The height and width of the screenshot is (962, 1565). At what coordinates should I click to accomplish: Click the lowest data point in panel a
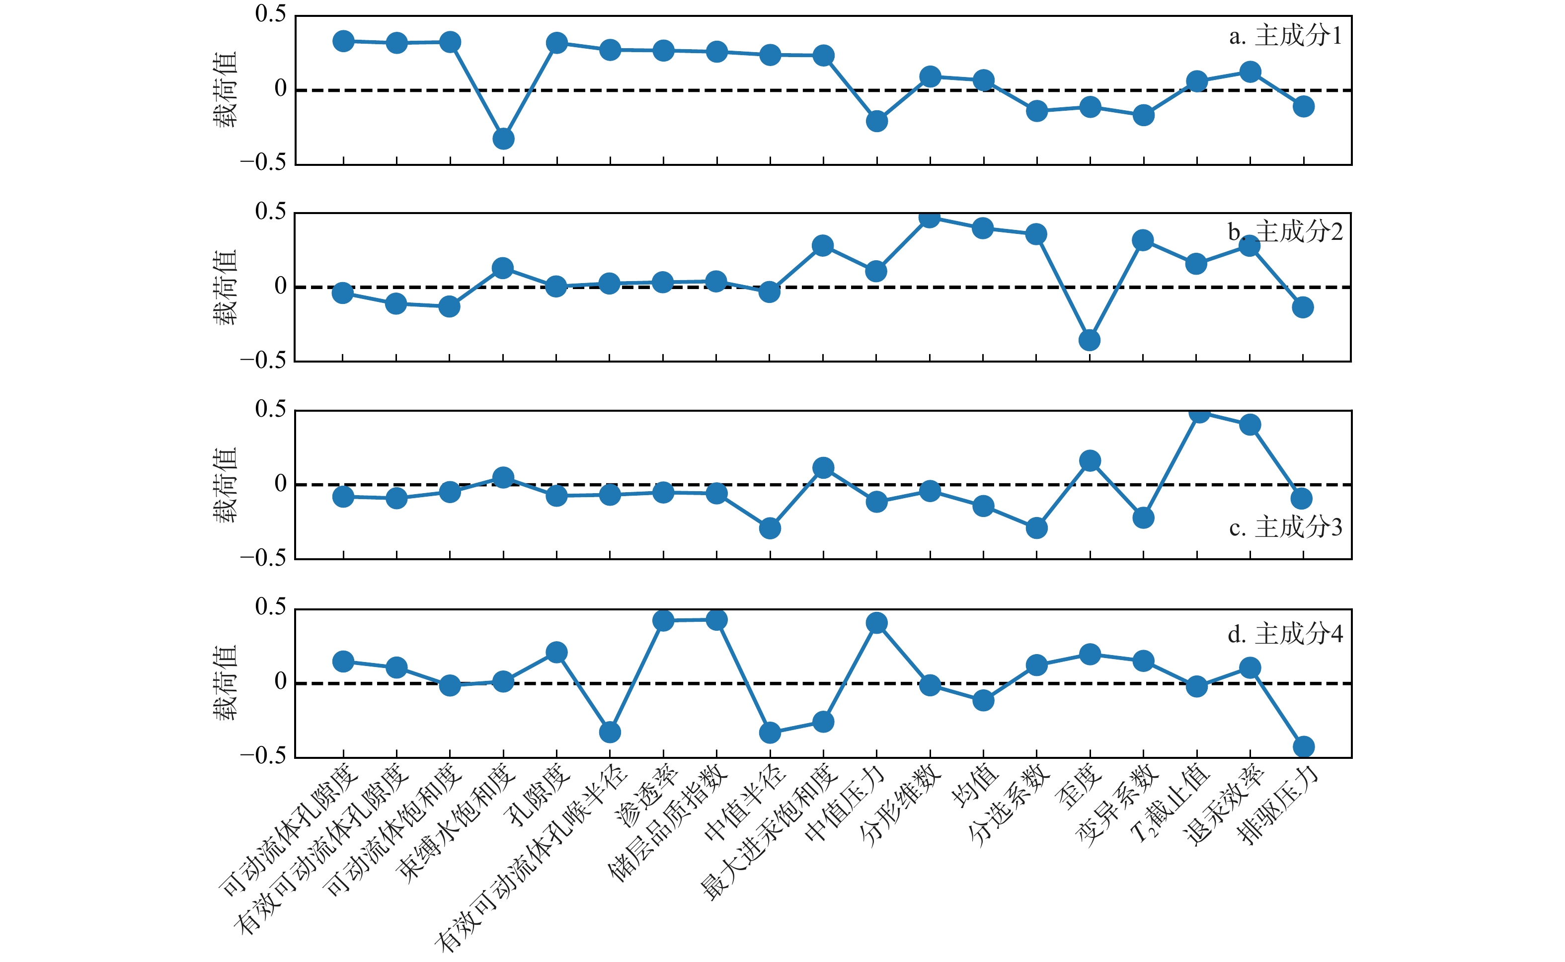click(503, 139)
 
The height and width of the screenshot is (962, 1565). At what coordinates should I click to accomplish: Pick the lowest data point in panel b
click(1089, 340)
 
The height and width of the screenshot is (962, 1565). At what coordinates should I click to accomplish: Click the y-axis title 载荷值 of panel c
click(225, 485)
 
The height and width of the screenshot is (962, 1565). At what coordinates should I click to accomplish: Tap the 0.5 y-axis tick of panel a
click(270, 14)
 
